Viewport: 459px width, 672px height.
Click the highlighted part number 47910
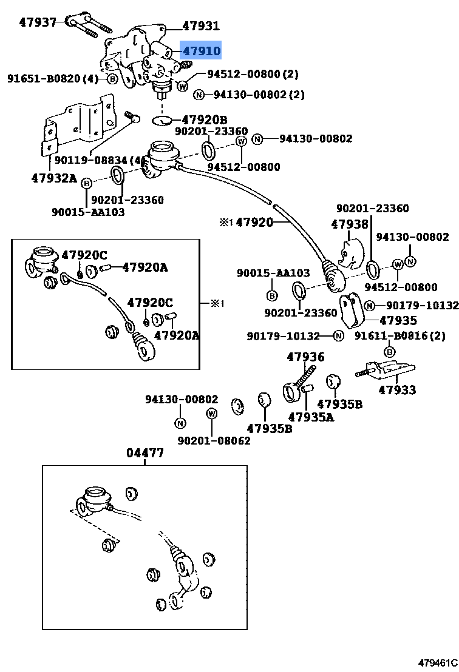[x=202, y=51]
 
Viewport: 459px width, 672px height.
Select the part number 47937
[x=37, y=22]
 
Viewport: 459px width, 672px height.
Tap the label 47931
[x=201, y=26]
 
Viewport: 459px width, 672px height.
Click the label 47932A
[x=54, y=178]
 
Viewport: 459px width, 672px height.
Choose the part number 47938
[x=350, y=224]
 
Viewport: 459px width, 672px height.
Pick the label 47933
[x=397, y=390]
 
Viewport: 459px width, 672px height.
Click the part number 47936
[x=305, y=357]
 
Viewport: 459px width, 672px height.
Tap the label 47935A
[x=311, y=417]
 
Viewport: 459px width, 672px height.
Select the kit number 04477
[x=145, y=453]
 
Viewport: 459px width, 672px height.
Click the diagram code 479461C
[x=437, y=663]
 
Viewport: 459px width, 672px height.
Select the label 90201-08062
[x=214, y=441]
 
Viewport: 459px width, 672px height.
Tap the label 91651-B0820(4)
[x=52, y=78]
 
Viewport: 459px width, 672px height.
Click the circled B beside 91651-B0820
[x=112, y=79]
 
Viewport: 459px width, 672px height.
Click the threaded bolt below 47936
[x=305, y=372]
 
